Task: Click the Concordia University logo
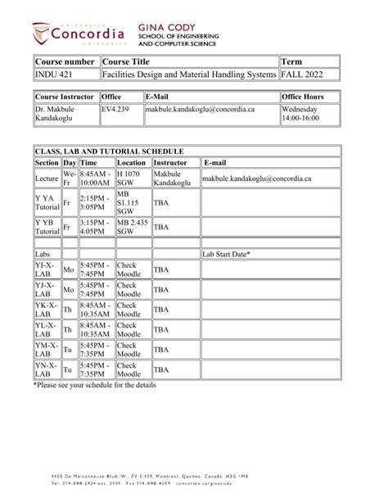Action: pyautogui.click(x=79, y=34)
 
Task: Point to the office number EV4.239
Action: pyautogui.click(x=116, y=108)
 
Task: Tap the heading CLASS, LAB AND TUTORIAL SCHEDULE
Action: pyautogui.click(x=110, y=152)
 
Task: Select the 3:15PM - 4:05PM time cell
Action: pyautogui.click(x=96, y=227)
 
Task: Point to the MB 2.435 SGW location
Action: pyautogui.click(x=133, y=227)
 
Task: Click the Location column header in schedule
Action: pyautogui.click(x=133, y=163)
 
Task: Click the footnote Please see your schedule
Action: pyautogui.click(x=94, y=385)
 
